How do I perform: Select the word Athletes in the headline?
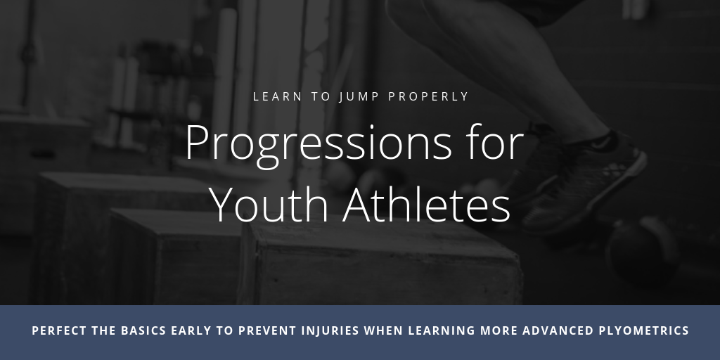(x=427, y=205)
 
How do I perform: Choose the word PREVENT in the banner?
(x=268, y=330)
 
